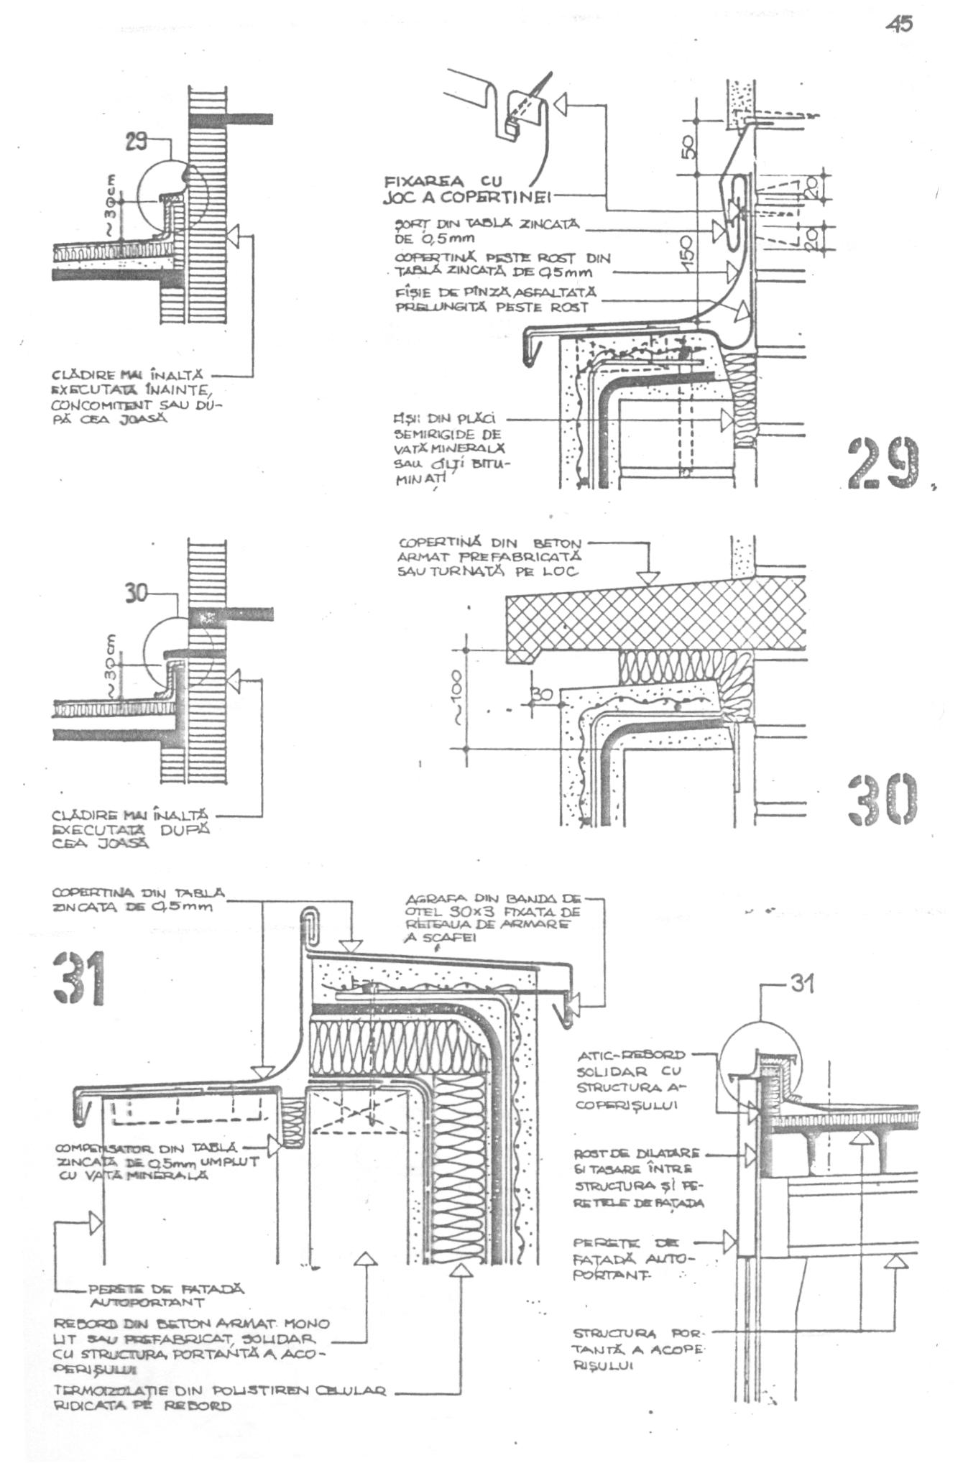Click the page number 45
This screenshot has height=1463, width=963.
click(900, 24)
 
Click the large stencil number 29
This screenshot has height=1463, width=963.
click(883, 463)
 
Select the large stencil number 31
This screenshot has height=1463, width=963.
click(80, 978)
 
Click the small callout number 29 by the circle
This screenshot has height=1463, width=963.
click(136, 142)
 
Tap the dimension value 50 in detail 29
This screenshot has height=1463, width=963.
click(688, 148)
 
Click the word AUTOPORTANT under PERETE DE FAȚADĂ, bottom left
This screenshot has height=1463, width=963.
click(147, 1301)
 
